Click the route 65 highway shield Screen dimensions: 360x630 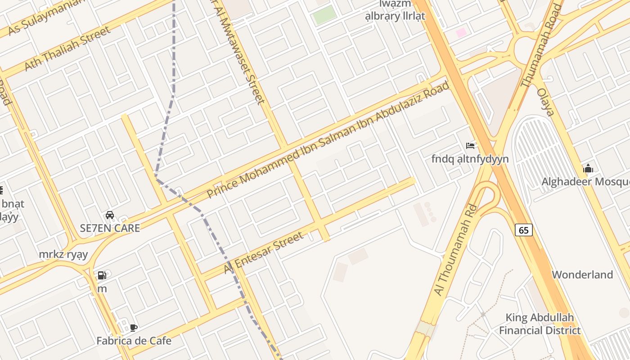[x=524, y=230]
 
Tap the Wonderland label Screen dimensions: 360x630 [x=582, y=274]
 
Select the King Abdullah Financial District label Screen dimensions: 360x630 [x=540, y=324]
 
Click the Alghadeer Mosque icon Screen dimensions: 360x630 [x=588, y=169]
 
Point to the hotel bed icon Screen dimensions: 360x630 [x=470, y=146]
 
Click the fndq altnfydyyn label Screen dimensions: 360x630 [x=470, y=159]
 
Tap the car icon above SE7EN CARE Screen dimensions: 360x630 [x=110, y=215]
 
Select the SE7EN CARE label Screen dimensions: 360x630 [x=110, y=228]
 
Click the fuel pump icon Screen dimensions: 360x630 [x=102, y=275]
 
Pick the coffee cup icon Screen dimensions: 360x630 [x=133, y=328]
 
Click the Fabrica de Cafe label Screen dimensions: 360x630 [x=134, y=341]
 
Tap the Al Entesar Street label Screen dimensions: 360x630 [x=264, y=252]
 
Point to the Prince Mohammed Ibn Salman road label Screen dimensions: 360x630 [x=328, y=139]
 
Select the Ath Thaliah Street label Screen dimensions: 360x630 [x=67, y=48]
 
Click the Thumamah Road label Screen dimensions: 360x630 [x=542, y=45]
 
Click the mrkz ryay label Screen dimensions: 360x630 [x=63, y=255]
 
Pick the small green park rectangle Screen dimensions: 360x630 [x=324, y=15]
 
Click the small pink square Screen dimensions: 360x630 [x=461, y=32]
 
